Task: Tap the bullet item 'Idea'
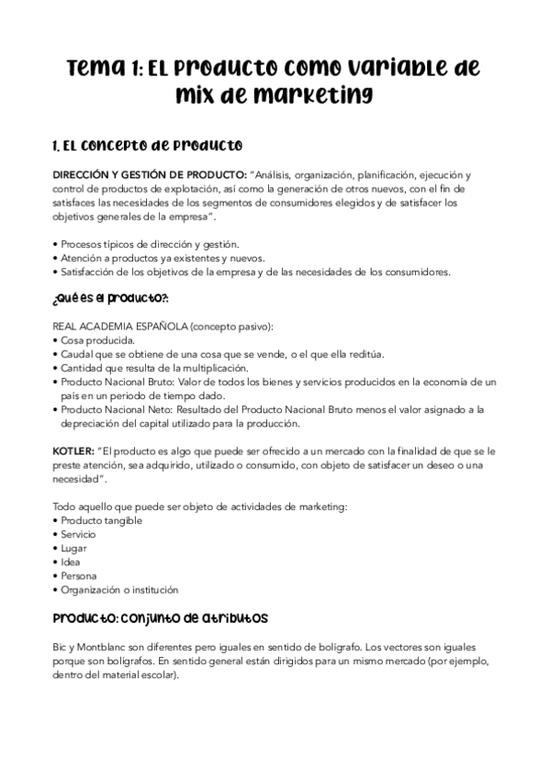[72, 561]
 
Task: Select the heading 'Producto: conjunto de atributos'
[161, 618]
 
